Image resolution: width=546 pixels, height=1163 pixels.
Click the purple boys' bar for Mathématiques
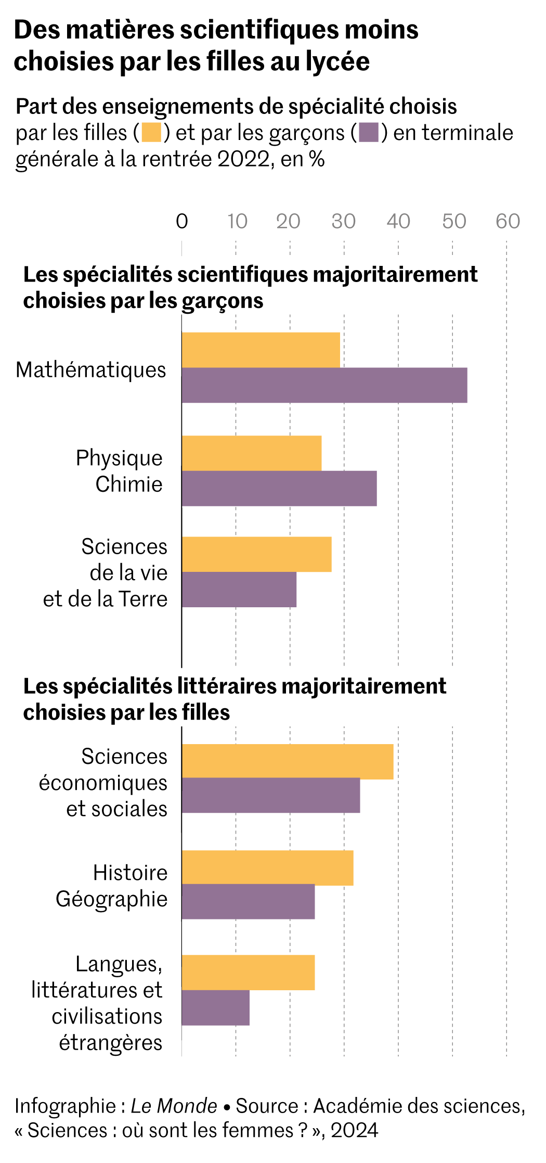[324, 385]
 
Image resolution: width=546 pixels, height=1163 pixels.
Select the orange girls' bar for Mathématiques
[261, 350]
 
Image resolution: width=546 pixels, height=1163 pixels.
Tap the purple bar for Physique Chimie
[279, 488]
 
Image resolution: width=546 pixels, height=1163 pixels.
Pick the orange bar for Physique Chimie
[251, 453]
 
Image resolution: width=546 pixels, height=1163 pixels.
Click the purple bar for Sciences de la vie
[239, 590]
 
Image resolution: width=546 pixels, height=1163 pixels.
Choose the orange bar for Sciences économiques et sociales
[287, 761]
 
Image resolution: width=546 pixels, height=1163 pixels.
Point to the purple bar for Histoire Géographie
[248, 901]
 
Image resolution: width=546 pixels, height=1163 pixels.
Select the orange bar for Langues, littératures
[248, 972]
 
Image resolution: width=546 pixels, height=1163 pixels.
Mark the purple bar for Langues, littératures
[215, 1007]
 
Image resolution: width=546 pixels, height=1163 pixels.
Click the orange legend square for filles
[151, 132]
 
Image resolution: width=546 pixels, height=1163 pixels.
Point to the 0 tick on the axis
[181, 222]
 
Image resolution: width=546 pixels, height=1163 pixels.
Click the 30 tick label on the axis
[344, 222]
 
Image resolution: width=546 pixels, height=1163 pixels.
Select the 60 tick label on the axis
[508, 222]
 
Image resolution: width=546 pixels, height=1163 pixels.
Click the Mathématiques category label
[91, 370]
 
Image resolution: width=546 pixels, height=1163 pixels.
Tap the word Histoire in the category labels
[130, 873]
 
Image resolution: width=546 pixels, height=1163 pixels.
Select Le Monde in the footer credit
[174, 1106]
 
